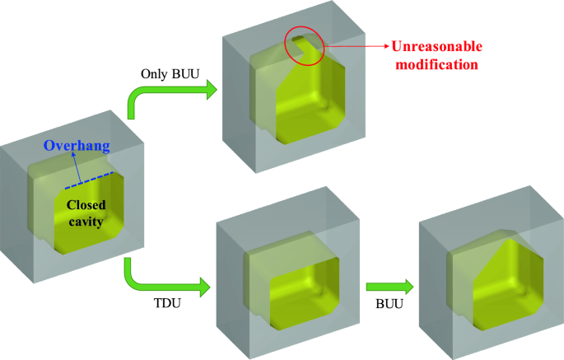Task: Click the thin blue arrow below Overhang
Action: [77, 167]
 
